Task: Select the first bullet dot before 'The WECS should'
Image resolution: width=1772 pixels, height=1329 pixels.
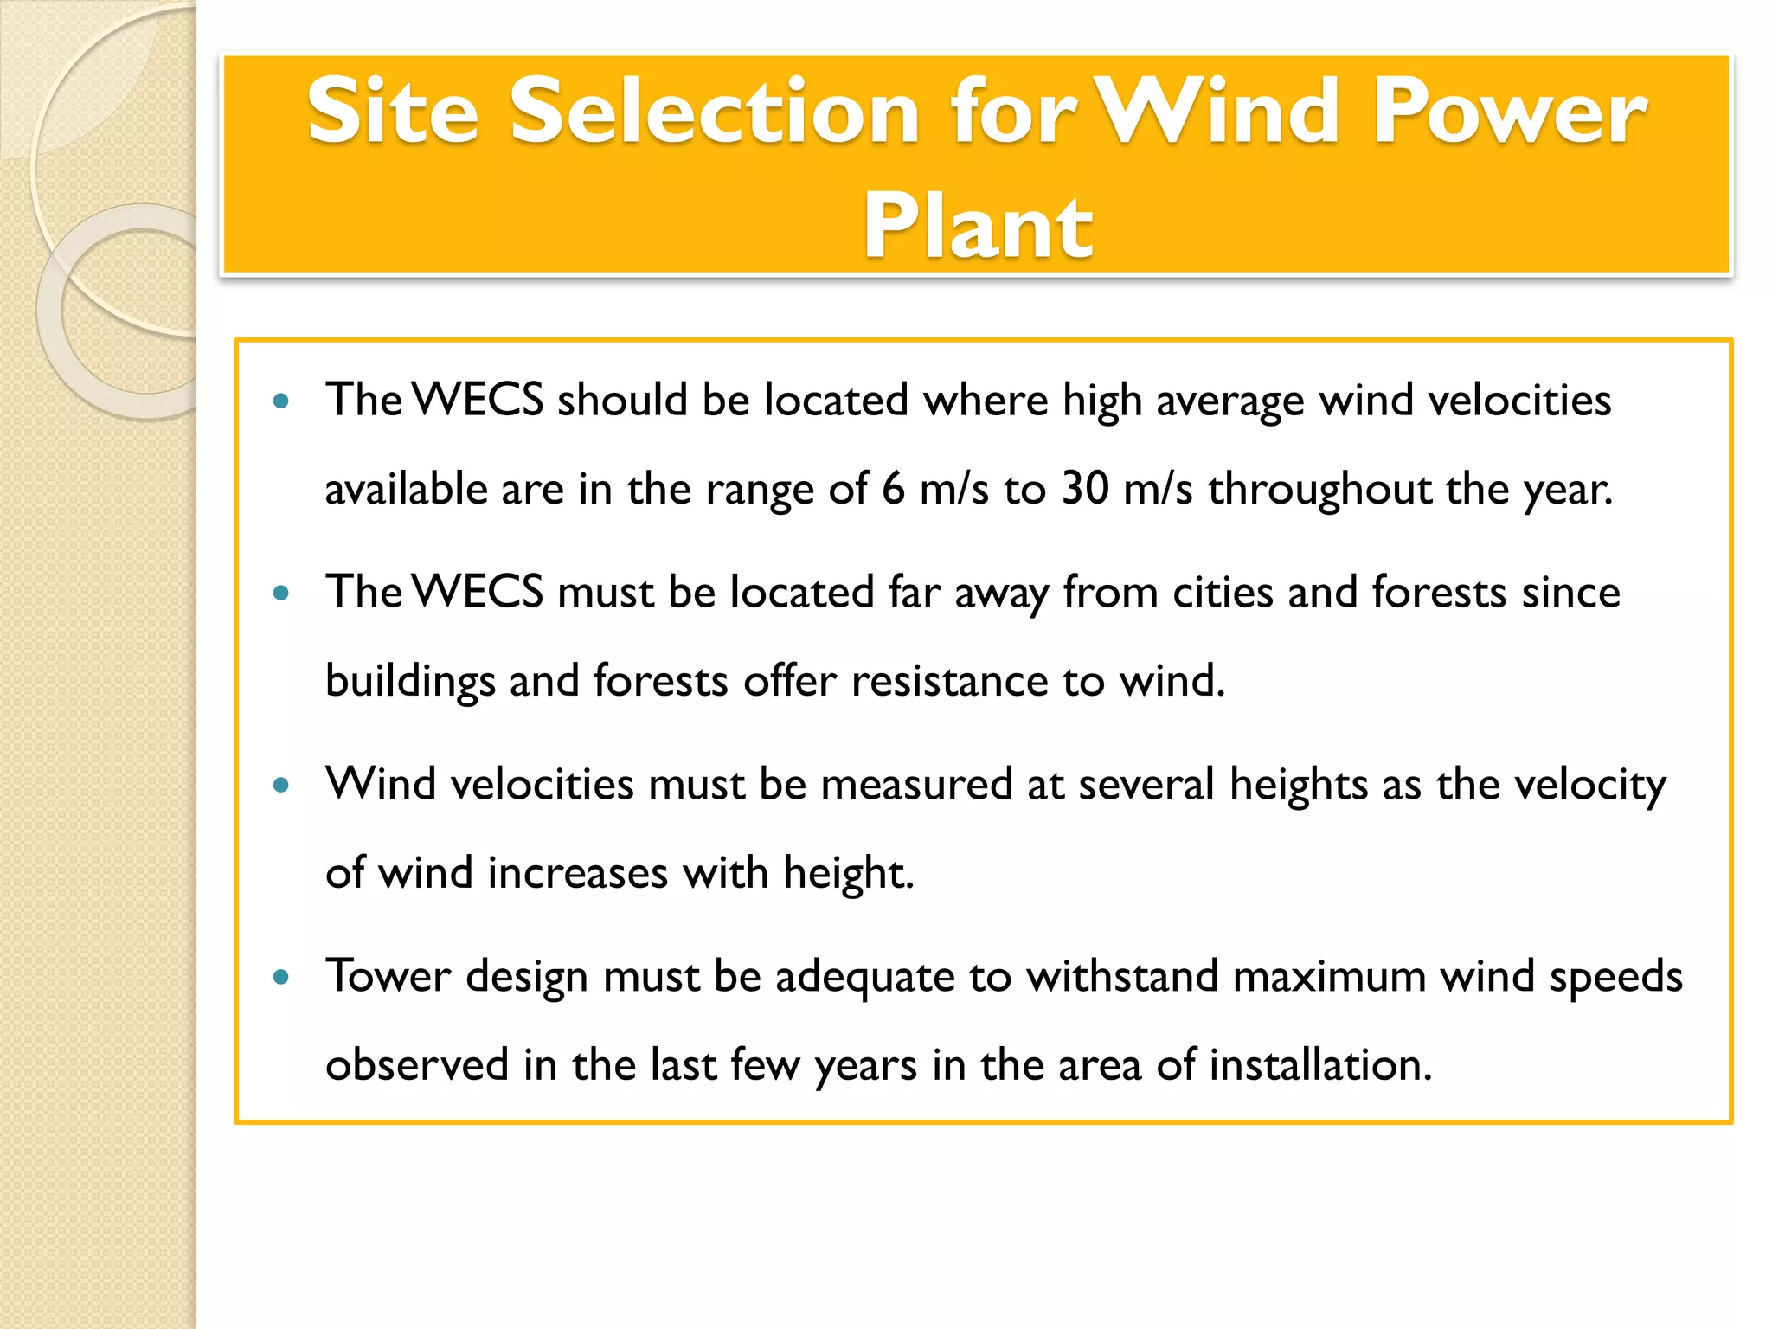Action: coord(280,401)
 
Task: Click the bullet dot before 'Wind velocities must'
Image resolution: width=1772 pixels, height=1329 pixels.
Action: coord(280,786)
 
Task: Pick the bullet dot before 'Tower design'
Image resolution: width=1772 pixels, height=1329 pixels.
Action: coord(280,978)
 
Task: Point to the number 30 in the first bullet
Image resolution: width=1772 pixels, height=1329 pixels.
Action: coord(1085,488)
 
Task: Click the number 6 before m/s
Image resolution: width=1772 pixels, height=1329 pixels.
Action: coord(893,488)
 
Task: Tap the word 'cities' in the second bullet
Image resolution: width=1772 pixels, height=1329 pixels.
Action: coord(1223,594)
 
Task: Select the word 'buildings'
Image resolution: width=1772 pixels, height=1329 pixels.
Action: coord(409,682)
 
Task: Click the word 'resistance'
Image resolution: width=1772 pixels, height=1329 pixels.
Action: coord(949,682)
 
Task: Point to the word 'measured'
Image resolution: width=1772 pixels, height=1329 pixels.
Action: coord(916,786)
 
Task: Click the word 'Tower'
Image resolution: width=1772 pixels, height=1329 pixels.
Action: coord(388,978)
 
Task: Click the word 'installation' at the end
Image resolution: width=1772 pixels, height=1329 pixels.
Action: coord(1319,1066)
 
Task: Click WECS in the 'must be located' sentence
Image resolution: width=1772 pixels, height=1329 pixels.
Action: coord(478,594)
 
